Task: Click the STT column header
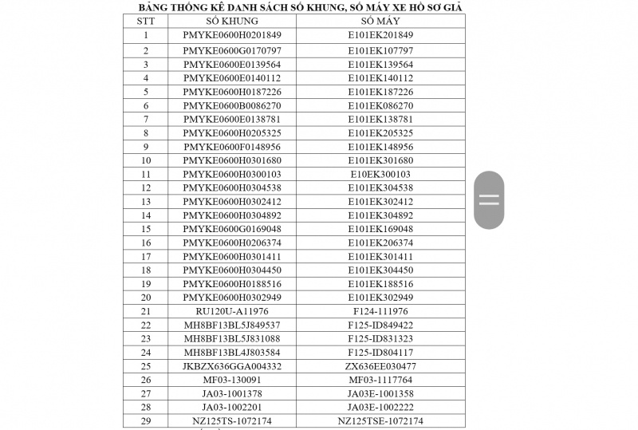coord(146,21)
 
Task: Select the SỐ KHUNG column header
coord(231,21)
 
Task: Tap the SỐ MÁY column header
coord(380,21)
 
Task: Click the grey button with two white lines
coord(489,199)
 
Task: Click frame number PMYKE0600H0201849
coord(231,35)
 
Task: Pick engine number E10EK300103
coord(380,174)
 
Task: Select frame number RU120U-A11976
coord(231,311)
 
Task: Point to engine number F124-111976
coord(380,311)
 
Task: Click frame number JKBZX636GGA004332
coord(231,366)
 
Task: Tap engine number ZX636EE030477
coord(380,366)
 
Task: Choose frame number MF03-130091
coord(231,380)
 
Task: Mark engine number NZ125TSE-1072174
coord(380,421)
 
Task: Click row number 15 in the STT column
coord(146,229)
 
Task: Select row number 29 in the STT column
coord(146,421)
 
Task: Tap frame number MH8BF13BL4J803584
coord(231,353)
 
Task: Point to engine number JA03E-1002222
coord(380,408)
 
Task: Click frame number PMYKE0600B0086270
coord(231,105)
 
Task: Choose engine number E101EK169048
coord(380,229)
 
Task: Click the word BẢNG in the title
coord(154,7)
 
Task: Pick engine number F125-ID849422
coord(380,325)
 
